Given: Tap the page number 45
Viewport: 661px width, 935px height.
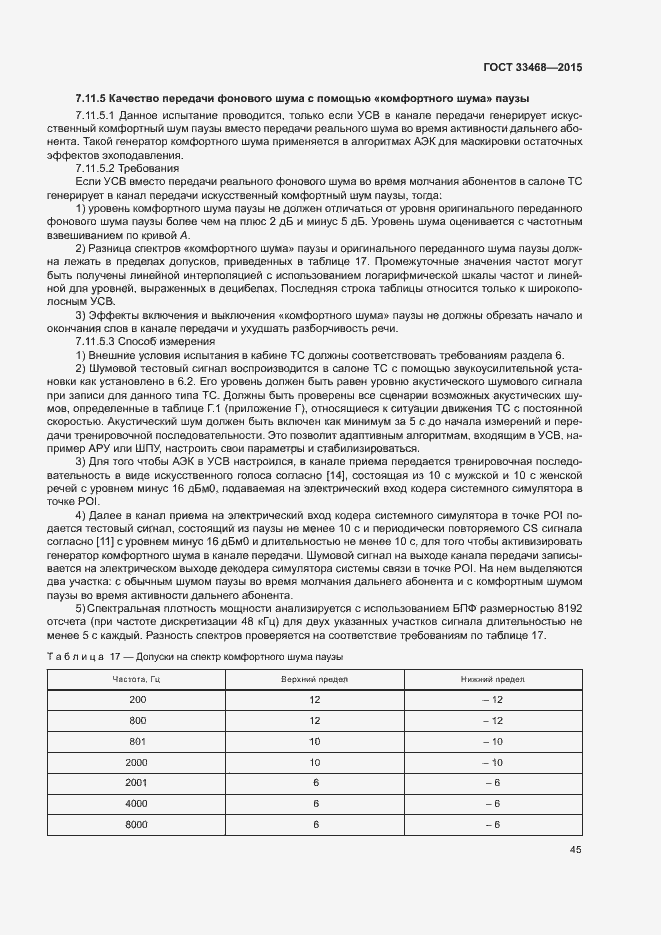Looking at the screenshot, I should [575, 850].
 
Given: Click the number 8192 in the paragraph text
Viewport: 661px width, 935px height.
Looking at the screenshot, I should [565, 609].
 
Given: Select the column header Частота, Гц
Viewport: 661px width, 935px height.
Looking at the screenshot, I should [137, 679].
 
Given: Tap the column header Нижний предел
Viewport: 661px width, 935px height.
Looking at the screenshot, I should [491, 679].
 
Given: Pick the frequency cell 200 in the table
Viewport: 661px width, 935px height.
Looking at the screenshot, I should [137, 699].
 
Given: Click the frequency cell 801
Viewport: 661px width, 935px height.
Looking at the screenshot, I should [137, 741].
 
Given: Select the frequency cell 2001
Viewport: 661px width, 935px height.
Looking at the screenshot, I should [137, 783].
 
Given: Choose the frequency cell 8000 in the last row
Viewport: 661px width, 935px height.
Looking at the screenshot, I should [137, 824].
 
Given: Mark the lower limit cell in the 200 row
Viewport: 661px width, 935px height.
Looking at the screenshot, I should [491, 699].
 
